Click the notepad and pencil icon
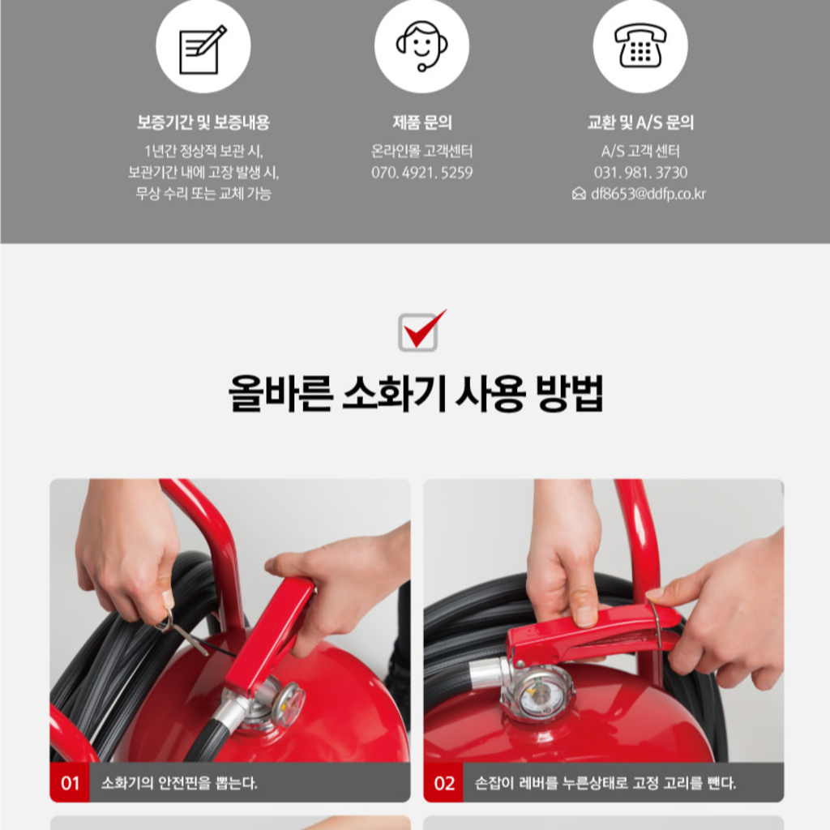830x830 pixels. tap(203, 49)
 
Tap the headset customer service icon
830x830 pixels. tap(421, 46)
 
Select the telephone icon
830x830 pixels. tap(640, 45)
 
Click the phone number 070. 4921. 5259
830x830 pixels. tap(421, 173)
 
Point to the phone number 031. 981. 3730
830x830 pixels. tap(640, 173)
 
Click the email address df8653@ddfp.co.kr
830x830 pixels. tap(648, 194)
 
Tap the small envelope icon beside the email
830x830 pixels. tap(579, 194)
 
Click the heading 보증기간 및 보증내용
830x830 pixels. tap(203, 122)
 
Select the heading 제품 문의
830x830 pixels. tap(421, 122)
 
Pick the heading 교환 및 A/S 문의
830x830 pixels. tap(640, 122)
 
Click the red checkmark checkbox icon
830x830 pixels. tap(421, 331)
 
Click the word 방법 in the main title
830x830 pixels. tap(570, 394)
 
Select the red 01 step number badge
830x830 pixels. tap(70, 782)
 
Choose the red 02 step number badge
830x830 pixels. tap(443, 782)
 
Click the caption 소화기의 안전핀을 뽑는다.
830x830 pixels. tap(179, 782)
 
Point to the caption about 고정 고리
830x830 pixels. tap(605, 782)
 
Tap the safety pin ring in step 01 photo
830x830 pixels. tap(165, 620)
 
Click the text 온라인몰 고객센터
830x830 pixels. tap(421, 152)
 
